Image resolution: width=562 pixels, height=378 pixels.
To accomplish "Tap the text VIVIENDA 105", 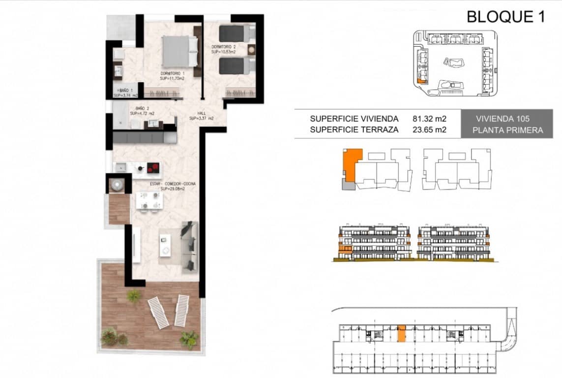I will (x=503, y=119).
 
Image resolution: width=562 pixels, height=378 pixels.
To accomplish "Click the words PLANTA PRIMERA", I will (x=507, y=130).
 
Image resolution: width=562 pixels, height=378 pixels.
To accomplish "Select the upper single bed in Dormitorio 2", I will (x=235, y=33).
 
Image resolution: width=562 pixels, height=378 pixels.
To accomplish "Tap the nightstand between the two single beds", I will (x=251, y=49).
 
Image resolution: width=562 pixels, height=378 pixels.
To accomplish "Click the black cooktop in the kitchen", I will (x=154, y=168).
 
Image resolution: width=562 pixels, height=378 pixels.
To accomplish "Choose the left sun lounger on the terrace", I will (x=158, y=312).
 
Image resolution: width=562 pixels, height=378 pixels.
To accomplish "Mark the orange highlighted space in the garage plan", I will (x=401, y=333).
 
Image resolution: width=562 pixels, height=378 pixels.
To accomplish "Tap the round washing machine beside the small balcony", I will (x=117, y=185).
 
